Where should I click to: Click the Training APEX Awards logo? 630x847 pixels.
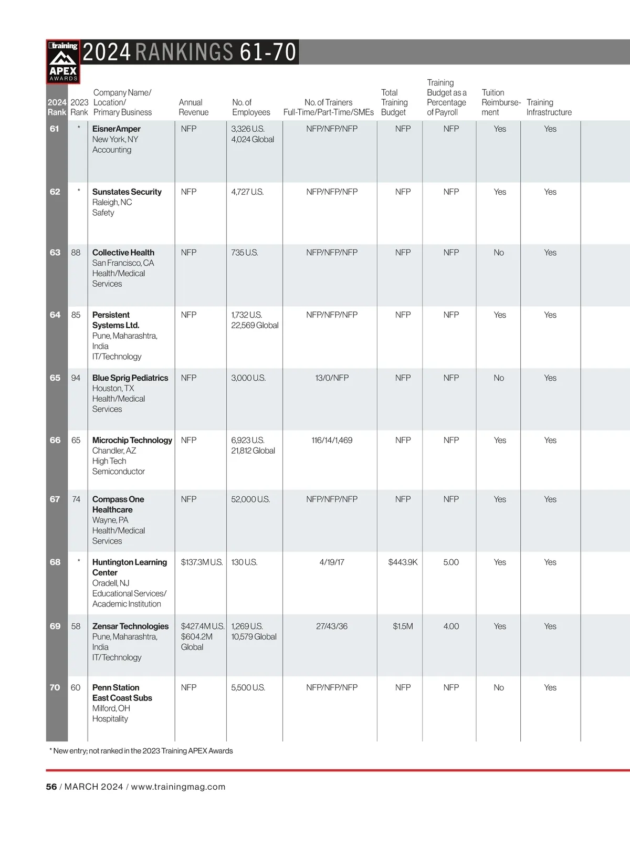pyautogui.click(x=64, y=61)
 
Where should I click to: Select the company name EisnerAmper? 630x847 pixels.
pyautogui.click(x=117, y=129)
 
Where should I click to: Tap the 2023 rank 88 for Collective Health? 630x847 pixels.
pyautogui.click(x=76, y=253)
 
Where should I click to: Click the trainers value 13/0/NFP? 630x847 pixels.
pyautogui.click(x=332, y=378)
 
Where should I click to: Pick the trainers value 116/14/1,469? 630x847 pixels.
pyautogui.click(x=332, y=440)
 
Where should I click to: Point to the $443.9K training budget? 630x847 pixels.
pyautogui.click(x=403, y=562)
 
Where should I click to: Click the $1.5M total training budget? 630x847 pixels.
pyautogui.click(x=403, y=626)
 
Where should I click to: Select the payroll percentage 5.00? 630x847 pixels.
pyautogui.click(x=451, y=562)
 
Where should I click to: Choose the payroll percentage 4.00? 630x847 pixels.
pyautogui.click(x=451, y=626)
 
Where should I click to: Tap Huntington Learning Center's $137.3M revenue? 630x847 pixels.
pyautogui.click(x=202, y=562)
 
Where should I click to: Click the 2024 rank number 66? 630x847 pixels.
pyautogui.click(x=55, y=440)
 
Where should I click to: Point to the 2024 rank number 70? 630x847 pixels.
pyautogui.click(x=55, y=687)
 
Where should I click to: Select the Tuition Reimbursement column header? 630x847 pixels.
pyautogui.click(x=500, y=102)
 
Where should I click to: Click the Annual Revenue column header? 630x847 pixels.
pyautogui.click(x=193, y=107)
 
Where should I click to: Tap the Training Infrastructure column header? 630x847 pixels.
pyautogui.click(x=549, y=107)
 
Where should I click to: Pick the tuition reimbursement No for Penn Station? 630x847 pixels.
pyautogui.click(x=499, y=687)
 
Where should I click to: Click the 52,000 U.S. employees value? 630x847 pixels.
pyautogui.click(x=250, y=499)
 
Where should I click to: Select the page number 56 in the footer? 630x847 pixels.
pyautogui.click(x=51, y=787)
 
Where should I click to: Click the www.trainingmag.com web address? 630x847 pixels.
pyautogui.click(x=178, y=787)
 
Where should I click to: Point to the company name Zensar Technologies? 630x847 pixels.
pyautogui.click(x=130, y=626)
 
